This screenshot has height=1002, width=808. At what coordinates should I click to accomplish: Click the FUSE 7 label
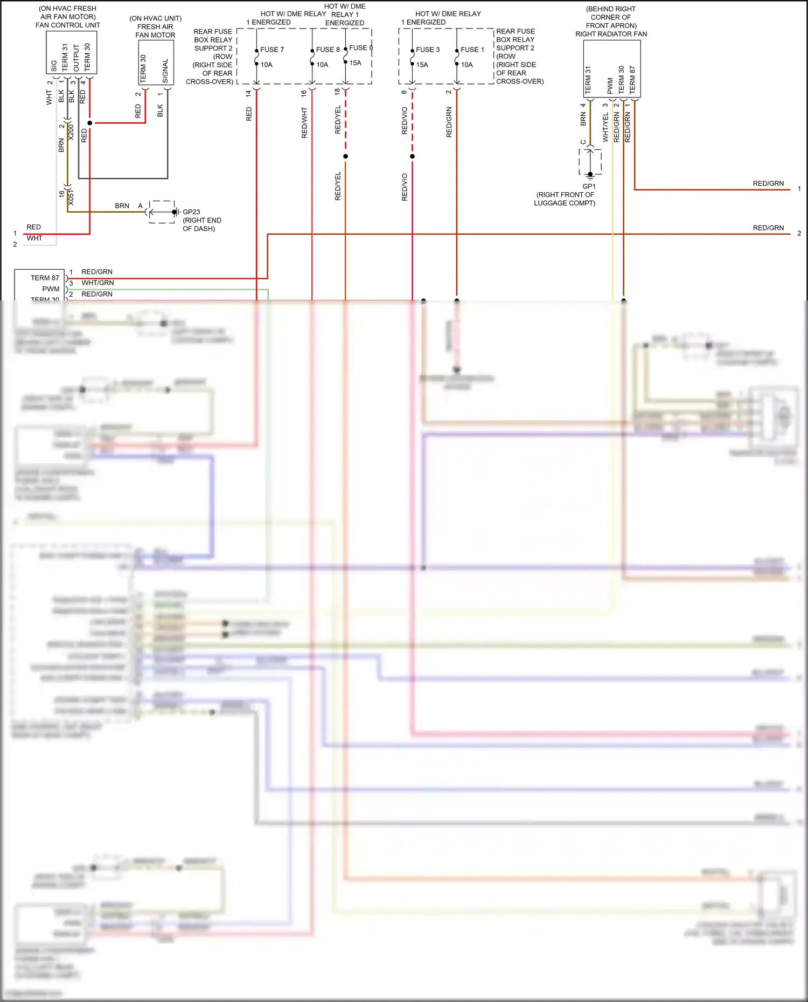pyautogui.click(x=272, y=50)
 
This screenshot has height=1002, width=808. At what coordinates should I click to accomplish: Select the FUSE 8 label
pyautogui.click(x=328, y=50)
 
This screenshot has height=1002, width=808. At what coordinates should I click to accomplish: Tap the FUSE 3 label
pyautogui.click(x=428, y=50)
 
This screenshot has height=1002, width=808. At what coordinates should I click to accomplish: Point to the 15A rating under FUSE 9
pyautogui.click(x=356, y=63)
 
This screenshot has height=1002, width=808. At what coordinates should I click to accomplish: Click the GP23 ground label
pyautogui.click(x=191, y=212)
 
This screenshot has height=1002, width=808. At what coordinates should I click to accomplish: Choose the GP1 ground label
pyautogui.click(x=589, y=186)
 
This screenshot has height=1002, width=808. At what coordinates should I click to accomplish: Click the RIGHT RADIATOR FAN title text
pyautogui.click(x=611, y=34)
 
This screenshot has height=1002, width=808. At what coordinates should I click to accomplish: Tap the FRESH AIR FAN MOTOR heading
pyautogui.click(x=155, y=31)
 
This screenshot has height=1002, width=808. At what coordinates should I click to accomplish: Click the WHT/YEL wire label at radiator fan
pyautogui.click(x=605, y=128)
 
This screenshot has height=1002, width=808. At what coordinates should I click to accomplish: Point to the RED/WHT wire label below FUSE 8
pyautogui.click(x=304, y=123)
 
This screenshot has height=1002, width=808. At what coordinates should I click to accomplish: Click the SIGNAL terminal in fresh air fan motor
pyautogui.click(x=165, y=71)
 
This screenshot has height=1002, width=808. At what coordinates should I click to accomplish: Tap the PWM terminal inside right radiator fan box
pyautogui.click(x=610, y=85)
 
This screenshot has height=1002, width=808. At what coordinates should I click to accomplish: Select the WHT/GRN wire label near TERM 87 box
pyautogui.click(x=97, y=283)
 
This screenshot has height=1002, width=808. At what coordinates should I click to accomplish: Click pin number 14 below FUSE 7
pyautogui.click(x=248, y=93)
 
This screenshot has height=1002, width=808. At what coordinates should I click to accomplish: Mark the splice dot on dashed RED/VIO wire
pyautogui.click(x=412, y=156)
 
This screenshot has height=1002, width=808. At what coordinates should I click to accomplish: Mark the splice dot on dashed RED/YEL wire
pyautogui.click(x=345, y=156)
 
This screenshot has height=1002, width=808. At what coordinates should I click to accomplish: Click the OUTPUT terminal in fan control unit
pyautogui.click(x=76, y=58)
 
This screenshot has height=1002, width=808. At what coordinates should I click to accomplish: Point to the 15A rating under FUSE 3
pyautogui.click(x=422, y=65)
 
